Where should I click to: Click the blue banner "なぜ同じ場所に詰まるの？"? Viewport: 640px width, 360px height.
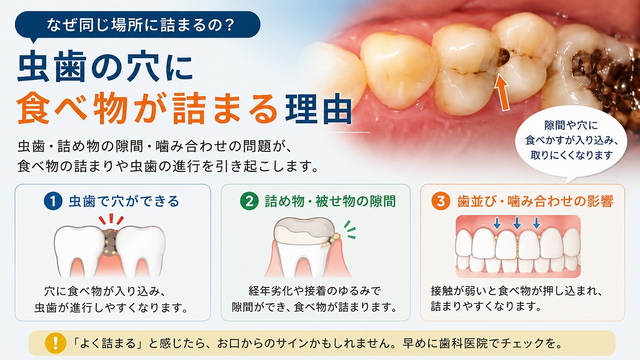tap(137, 25)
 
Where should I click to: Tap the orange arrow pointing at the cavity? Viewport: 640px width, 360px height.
tap(503, 92)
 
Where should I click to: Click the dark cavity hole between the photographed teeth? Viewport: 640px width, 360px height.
tap(504, 56)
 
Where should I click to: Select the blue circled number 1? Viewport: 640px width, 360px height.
tap(52, 201)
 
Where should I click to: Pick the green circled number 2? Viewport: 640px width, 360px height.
tap(249, 201)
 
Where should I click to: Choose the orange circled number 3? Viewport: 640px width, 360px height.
tap(441, 201)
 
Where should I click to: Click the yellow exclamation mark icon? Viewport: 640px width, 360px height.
tap(55, 343)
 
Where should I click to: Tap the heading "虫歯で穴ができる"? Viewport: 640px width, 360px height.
tap(124, 201)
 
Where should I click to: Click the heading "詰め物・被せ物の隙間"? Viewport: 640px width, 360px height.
tap(330, 201)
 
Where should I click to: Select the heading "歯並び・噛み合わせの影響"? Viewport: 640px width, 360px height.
tap(535, 201)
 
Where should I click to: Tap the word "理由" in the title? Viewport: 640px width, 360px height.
tap(319, 109)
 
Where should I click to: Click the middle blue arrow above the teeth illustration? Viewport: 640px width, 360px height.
tap(517, 223)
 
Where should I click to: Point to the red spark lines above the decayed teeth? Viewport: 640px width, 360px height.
tap(111, 219)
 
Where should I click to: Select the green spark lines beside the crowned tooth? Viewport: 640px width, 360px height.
tap(350, 229)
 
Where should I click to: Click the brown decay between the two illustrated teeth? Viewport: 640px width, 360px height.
tap(109, 242)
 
